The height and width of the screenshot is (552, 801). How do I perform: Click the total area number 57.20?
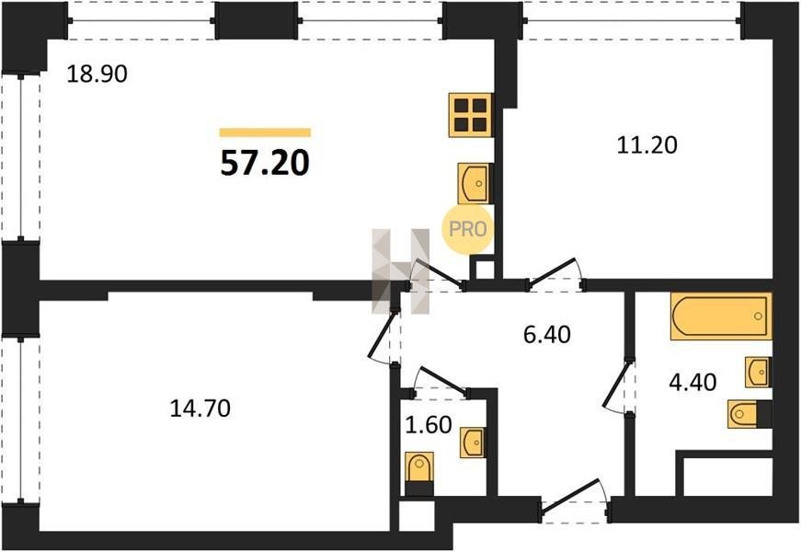click(265, 163)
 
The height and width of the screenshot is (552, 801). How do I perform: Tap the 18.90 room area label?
click(97, 75)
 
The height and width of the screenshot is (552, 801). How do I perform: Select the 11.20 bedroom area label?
click(647, 145)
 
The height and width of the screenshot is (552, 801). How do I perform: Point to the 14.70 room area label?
click(200, 408)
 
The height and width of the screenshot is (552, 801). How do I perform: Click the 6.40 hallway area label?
click(547, 335)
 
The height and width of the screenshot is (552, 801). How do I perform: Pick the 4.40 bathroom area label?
click(692, 382)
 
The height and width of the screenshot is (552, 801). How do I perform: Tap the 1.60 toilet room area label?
click(428, 425)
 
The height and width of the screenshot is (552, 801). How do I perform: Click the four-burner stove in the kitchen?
click(471, 115)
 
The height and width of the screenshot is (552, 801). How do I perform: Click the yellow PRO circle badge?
click(467, 229)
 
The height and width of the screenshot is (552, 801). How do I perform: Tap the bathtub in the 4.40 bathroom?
click(721, 316)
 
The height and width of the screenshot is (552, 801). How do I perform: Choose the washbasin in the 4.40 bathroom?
click(758, 372)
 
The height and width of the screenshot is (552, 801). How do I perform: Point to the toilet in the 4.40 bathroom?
click(750, 413)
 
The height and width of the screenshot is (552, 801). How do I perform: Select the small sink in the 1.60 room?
click(473, 443)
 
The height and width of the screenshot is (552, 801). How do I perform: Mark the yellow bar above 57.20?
click(265, 132)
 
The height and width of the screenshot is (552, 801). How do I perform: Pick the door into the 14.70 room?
click(383, 334)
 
